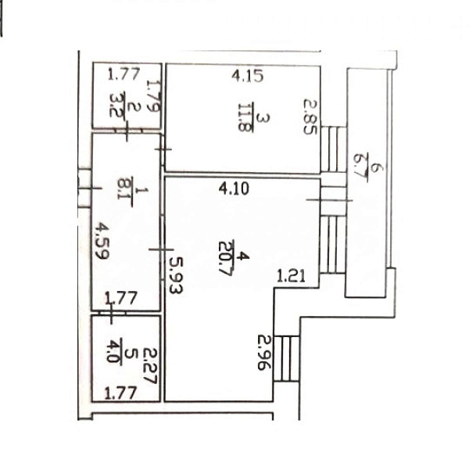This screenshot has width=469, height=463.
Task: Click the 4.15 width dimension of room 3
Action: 249,77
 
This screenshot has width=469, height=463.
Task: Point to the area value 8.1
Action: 123,188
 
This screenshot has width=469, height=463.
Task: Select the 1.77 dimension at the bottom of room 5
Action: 122,394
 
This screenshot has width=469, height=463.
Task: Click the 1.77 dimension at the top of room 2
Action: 123,76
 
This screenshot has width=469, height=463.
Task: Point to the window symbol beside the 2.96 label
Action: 288,357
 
